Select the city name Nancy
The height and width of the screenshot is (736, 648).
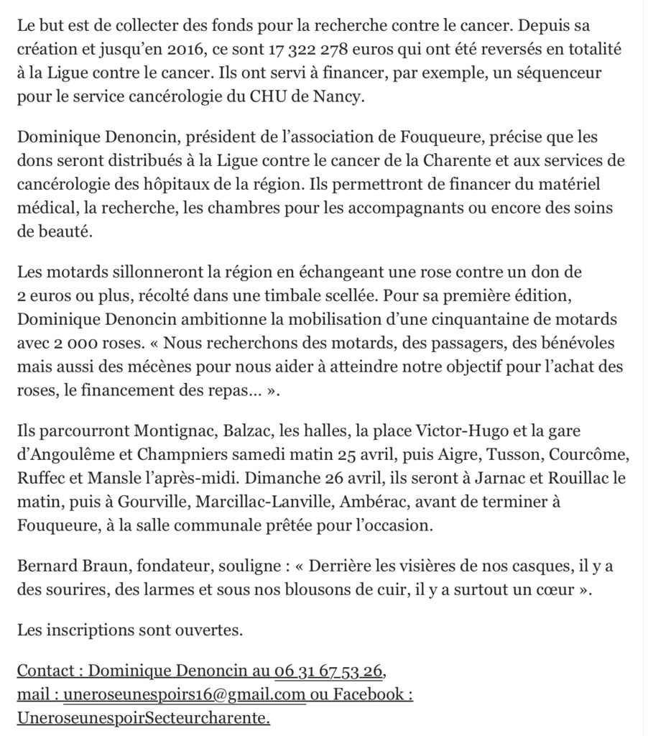(340, 97)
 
